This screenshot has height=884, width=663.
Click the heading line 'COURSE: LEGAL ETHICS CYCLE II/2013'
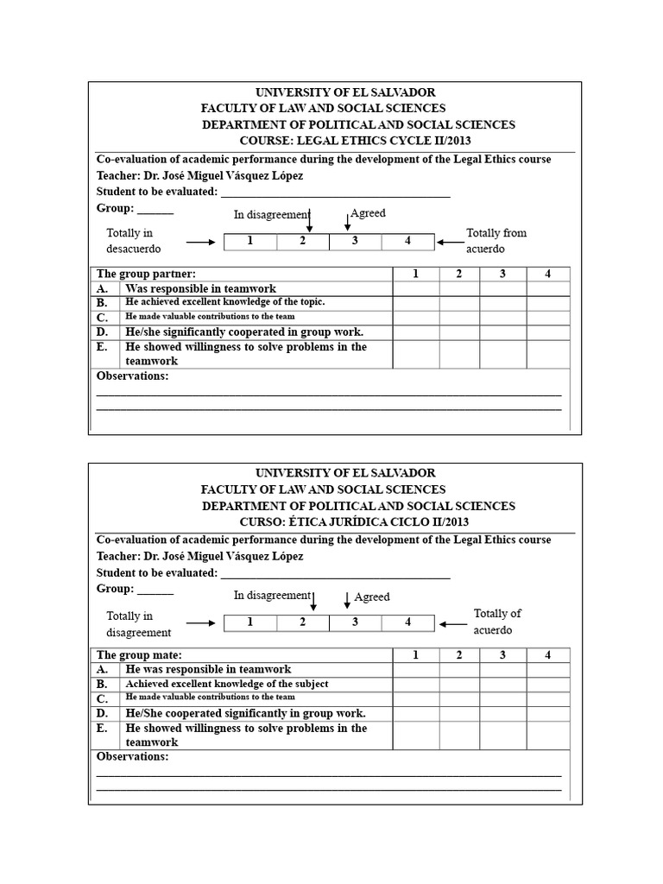(356, 141)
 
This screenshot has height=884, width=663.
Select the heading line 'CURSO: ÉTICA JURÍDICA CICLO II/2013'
(356, 522)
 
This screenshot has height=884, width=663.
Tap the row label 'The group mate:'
(139, 655)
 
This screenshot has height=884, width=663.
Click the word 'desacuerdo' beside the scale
(134, 249)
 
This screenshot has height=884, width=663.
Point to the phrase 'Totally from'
(496, 233)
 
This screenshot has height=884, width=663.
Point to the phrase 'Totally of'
(497, 614)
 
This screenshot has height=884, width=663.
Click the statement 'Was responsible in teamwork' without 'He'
(201, 288)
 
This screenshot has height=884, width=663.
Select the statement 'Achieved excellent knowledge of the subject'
(226, 684)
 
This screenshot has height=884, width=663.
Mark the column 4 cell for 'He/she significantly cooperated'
(548, 332)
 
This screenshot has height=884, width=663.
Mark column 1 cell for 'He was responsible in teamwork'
(416, 670)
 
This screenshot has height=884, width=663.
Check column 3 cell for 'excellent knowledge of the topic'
(503, 303)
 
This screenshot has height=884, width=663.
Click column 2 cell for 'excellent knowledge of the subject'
(459, 685)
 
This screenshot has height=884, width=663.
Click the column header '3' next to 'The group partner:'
(503, 274)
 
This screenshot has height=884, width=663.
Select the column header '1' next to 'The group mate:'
(415, 655)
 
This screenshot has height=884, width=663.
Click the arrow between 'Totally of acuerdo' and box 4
(451, 623)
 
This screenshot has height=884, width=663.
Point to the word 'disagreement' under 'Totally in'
(139, 633)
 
